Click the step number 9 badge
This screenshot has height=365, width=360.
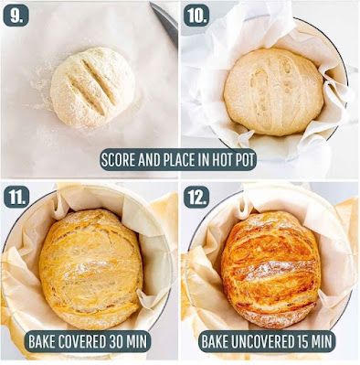16,16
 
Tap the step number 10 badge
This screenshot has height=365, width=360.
196,16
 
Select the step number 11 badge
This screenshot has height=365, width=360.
16,197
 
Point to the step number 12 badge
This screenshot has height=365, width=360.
196,197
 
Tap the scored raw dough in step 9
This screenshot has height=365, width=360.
92,88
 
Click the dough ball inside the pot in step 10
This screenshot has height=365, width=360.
273,91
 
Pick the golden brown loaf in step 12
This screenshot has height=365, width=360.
270,269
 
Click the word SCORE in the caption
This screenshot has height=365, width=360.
118,160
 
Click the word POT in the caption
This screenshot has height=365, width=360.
244,160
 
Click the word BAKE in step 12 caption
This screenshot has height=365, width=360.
215,341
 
